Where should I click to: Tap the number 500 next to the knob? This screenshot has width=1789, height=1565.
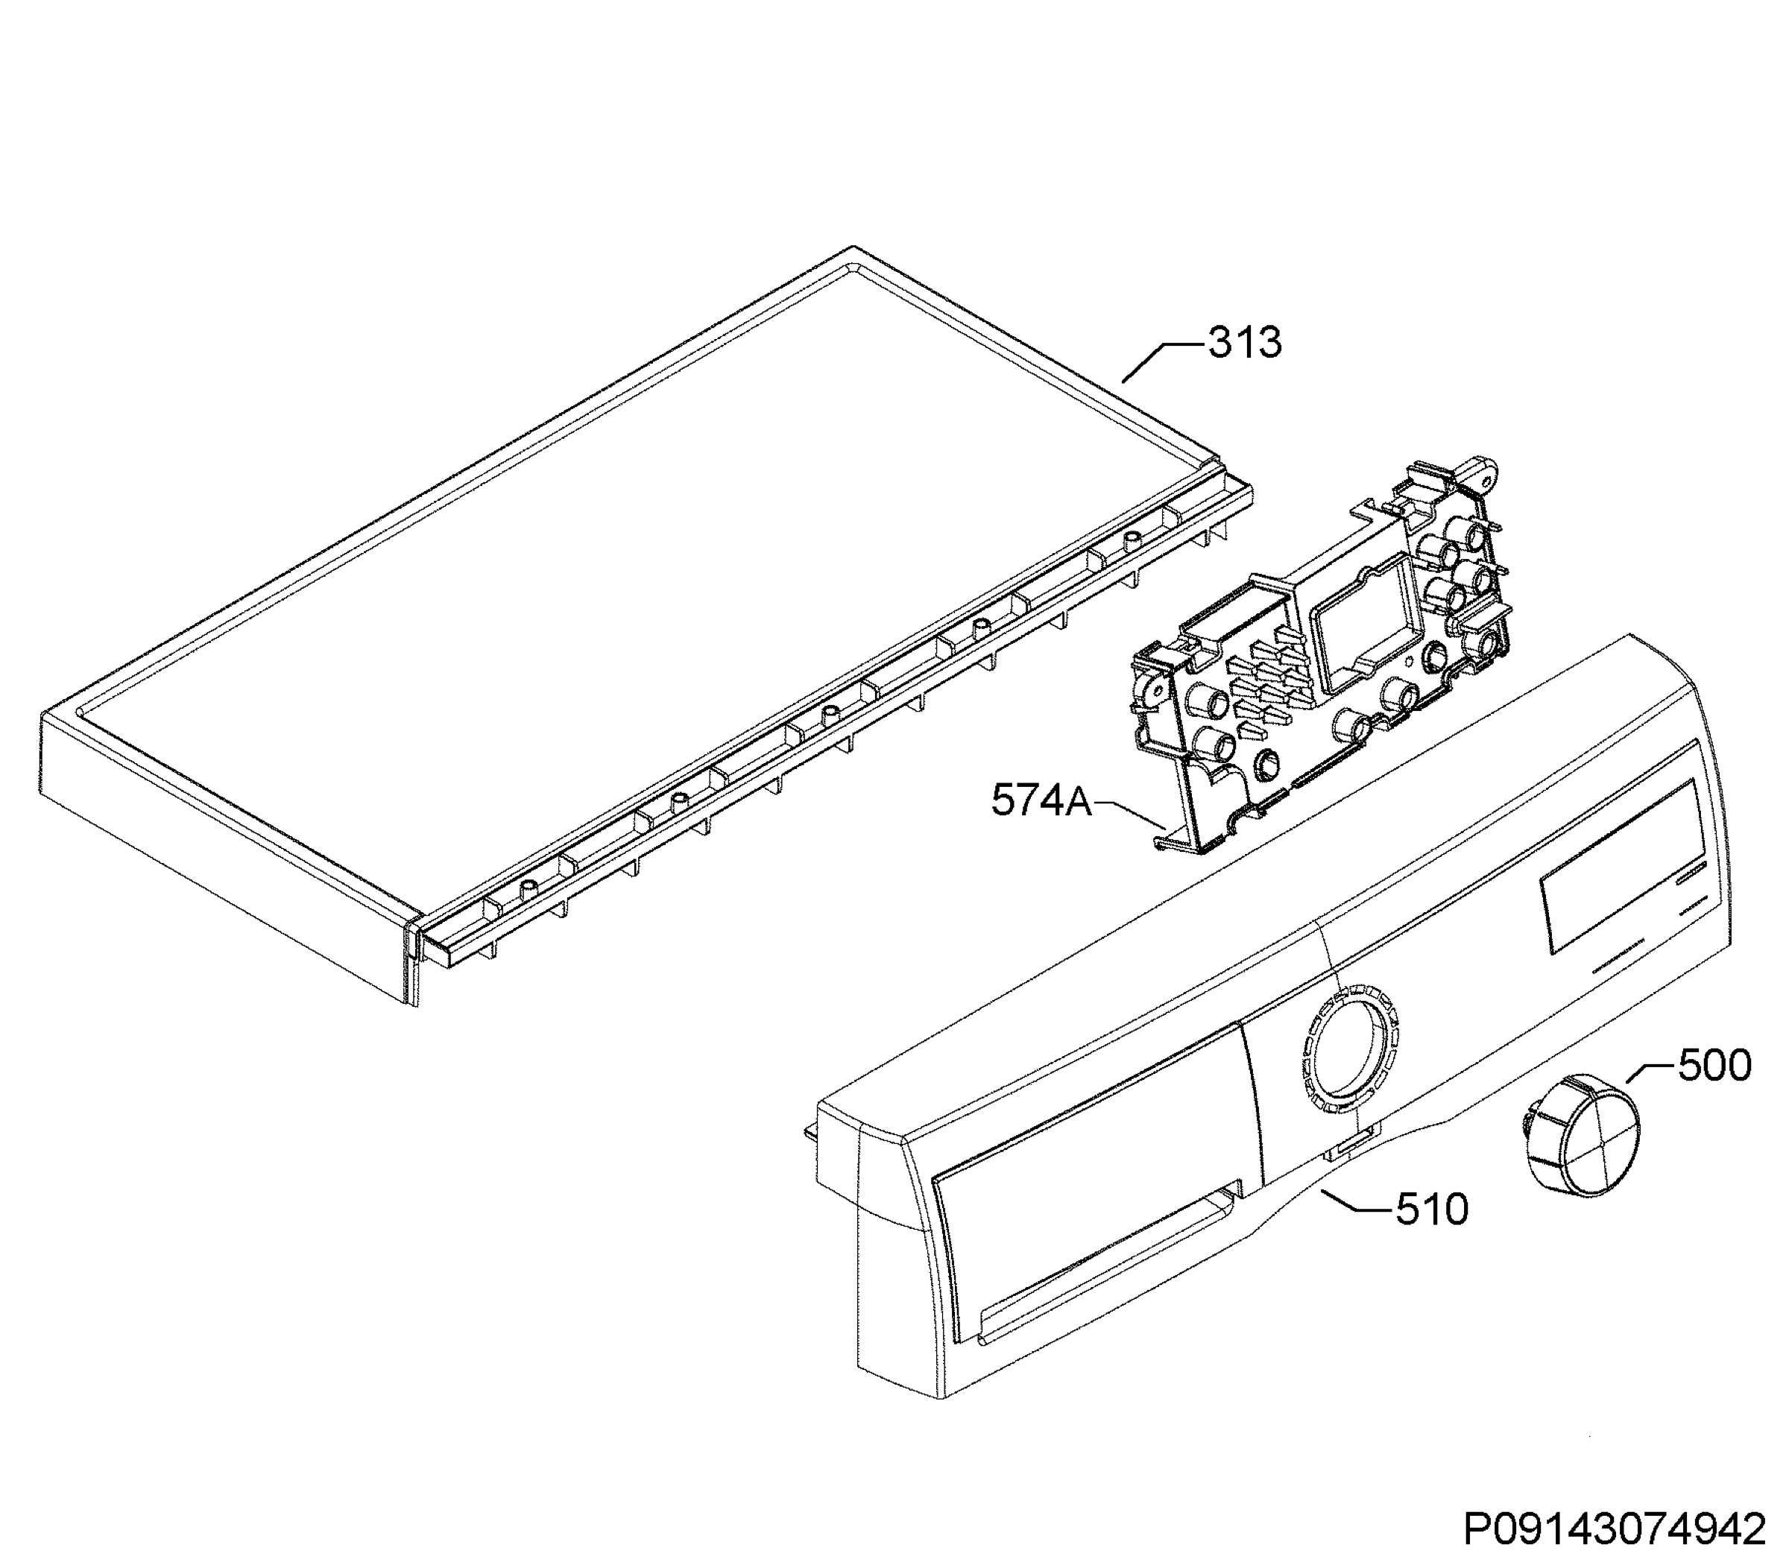(1714, 1066)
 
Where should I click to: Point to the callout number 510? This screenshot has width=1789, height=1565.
(1432, 1210)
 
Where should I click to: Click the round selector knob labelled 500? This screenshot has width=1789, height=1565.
(1579, 1135)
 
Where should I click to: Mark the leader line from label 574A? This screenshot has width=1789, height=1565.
(1128, 813)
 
